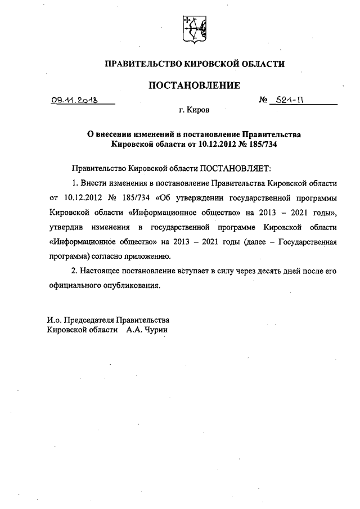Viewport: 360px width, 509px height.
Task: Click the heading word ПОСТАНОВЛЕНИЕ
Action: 194,85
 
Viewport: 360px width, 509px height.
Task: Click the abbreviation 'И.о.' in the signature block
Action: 55,319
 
